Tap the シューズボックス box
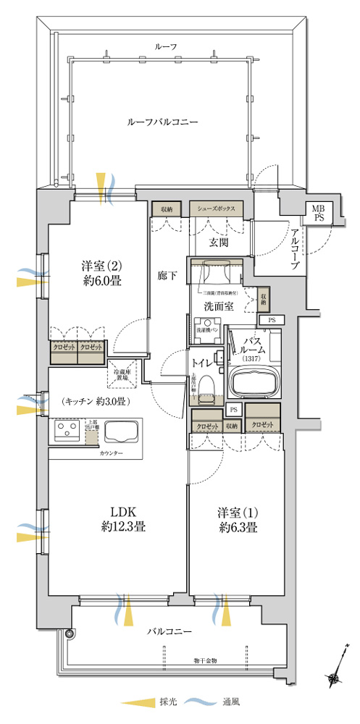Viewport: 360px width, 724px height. click(x=217, y=209)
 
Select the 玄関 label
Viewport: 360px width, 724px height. click(x=219, y=242)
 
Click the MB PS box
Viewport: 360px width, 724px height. click(x=319, y=214)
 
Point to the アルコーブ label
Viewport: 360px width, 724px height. click(x=296, y=249)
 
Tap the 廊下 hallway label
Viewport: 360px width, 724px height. click(x=167, y=276)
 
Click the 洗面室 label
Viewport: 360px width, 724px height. click(x=217, y=306)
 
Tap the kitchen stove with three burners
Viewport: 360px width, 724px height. click(x=67, y=434)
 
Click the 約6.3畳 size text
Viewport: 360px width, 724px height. click(x=238, y=528)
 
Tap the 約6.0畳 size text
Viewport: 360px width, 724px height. click(x=101, y=281)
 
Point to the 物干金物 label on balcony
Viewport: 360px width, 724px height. click(x=206, y=660)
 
